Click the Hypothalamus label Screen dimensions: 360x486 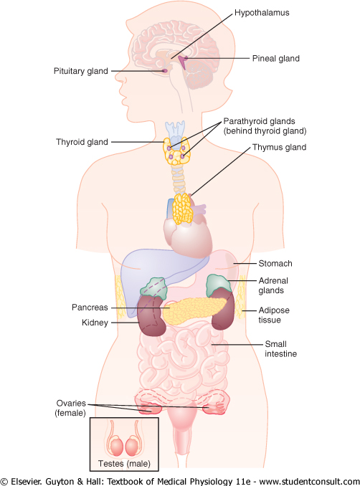[x=262, y=13]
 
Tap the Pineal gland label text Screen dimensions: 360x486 [x=275, y=58]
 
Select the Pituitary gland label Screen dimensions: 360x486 [x=80, y=71]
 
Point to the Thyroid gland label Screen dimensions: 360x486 [x=82, y=142]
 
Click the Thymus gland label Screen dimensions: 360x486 [x=279, y=147]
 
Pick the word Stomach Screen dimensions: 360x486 [x=275, y=264]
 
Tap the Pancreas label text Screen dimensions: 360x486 [x=90, y=308]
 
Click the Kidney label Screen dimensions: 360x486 [x=95, y=323]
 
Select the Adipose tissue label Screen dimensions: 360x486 [x=274, y=315]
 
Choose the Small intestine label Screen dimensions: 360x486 [x=280, y=348]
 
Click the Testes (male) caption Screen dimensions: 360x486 [x=124, y=463]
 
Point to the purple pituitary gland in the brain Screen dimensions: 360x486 [x=165, y=71]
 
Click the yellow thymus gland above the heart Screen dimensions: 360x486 [x=182, y=209]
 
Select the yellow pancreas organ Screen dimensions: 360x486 [x=195, y=310]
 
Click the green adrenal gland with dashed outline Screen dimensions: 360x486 [x=153, y=287]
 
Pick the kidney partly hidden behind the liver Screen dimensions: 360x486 [x=151, y=315]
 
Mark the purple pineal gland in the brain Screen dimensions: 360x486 [x=183, y=62]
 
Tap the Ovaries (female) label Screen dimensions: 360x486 [x=71, y=408]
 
